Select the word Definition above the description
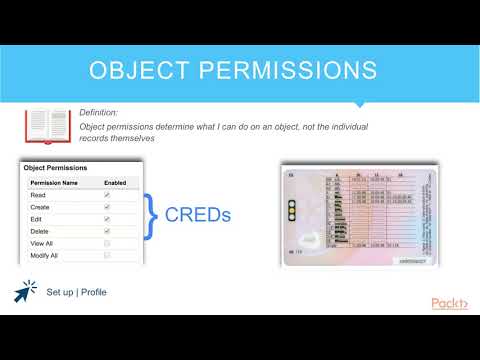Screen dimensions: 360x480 point(100,113)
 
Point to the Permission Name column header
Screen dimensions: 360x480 point(57,184)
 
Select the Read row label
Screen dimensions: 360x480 point(40,195)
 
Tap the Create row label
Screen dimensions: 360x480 point(43,207)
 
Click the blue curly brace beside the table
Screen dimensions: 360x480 point(153,213)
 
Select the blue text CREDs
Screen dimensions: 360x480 point(197,213)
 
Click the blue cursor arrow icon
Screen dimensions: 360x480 point(24,291)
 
